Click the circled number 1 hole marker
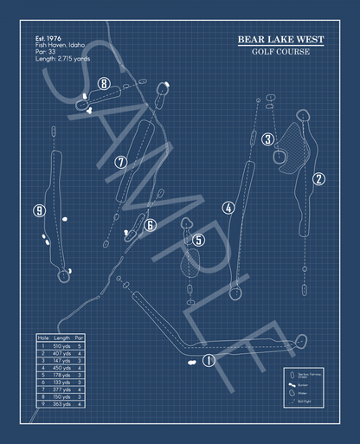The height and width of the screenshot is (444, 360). pyautogui.click(x=208, y=361)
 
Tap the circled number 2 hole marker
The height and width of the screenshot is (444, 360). pyautogui.click(x=318, y=179)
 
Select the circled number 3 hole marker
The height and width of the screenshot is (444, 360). pyautogui.click(x=268, y=139)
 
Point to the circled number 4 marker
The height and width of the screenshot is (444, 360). pyautogui.click(x=228, y=208)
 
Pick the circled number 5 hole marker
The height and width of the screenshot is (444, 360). pyautogui.click(x=198, y=240)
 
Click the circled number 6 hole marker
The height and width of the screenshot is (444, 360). pyautogui.click(x=150, y=226)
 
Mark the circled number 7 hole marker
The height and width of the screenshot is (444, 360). pyautogui.click(x=121, y=162)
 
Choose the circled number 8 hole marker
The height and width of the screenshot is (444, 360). pyautogui.click(x=104, y=84)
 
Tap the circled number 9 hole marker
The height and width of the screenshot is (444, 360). pyautogui.click(x=39, y=210)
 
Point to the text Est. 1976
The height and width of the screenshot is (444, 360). pyautogui.click(x=50, y=39)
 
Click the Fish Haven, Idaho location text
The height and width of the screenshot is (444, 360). pyautogui.click(x=61, y=45)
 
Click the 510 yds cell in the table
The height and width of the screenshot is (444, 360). pyautogui.click(x=61, y=345)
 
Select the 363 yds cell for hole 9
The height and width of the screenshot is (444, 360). pyautogui.click(x=61, y=403)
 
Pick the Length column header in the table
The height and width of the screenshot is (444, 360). pyautogui.click(x=61, y=338)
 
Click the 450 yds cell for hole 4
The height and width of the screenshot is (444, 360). pyautogui.click(x=61, y=367)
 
